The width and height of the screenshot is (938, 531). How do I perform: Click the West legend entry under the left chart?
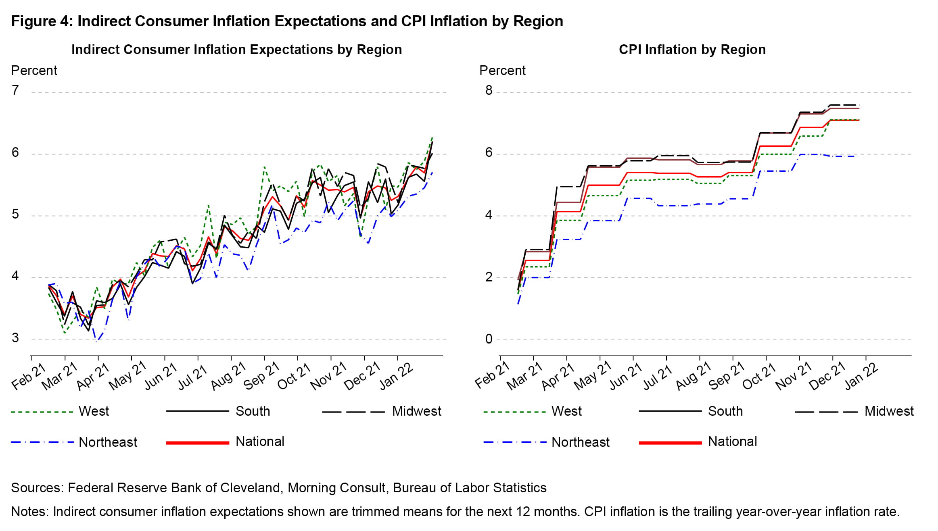click(x=94, y=411)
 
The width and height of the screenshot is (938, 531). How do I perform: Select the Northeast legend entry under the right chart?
click(x=580, y=442)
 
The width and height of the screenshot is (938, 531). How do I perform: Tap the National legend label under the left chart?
click(x=260, y=442)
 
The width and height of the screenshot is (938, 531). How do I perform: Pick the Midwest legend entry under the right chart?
click(x=889, y=411)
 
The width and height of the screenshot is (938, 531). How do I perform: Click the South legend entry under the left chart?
click(x=253, y=411)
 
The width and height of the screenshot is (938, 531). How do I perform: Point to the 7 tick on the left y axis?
click(x=15, y=90)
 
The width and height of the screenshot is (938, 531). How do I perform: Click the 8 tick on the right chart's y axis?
click(x=489, y=90)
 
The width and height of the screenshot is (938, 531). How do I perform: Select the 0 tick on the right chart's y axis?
click(x=489, y=339)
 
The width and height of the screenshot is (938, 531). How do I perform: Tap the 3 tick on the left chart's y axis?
click(x=15, y=338)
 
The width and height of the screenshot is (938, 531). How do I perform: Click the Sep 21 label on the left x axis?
click(x=261, y=376)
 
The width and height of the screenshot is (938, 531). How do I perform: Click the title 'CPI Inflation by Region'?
click(x=692, y=50)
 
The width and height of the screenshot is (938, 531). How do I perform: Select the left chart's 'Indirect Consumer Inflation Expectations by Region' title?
click(x=237, y=50)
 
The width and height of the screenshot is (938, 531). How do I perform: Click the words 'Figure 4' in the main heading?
click(x=40, y=21)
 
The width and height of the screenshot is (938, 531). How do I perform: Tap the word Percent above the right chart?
click(x=502, y=71)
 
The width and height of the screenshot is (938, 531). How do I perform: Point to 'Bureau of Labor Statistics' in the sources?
click(x=470, y=488)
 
